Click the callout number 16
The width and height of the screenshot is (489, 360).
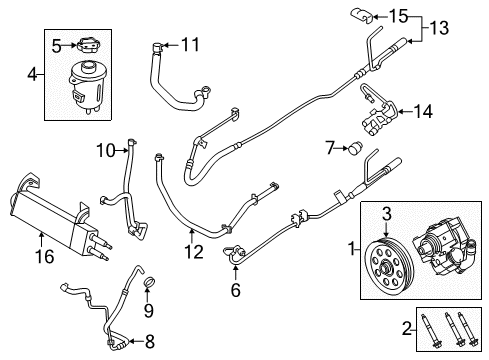coord(45,257)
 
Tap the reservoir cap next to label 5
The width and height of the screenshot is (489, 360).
coord(89,46)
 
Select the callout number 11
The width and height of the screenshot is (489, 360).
coord(190,45)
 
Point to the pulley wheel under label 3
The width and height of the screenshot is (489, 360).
coord(389,265)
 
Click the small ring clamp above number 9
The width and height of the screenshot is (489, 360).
coord(149,282)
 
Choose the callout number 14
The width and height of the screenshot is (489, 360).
coord(423,112)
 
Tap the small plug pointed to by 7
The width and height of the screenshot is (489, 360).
coord(356,148)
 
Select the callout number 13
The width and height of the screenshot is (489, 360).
coord(439,28)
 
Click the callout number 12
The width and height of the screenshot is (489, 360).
coord(194,252)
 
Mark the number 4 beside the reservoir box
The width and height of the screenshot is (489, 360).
coord(32,75)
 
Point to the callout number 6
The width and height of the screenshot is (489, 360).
coord(235,290)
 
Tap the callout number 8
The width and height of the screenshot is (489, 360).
coord(150,341)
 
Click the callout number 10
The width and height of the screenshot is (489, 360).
coord(106,151)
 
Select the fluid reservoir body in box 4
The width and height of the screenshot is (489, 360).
coord(85,86)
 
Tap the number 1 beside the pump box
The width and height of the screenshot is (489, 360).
coord(352,249)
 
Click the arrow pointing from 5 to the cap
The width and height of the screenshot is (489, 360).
coord(70,46)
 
